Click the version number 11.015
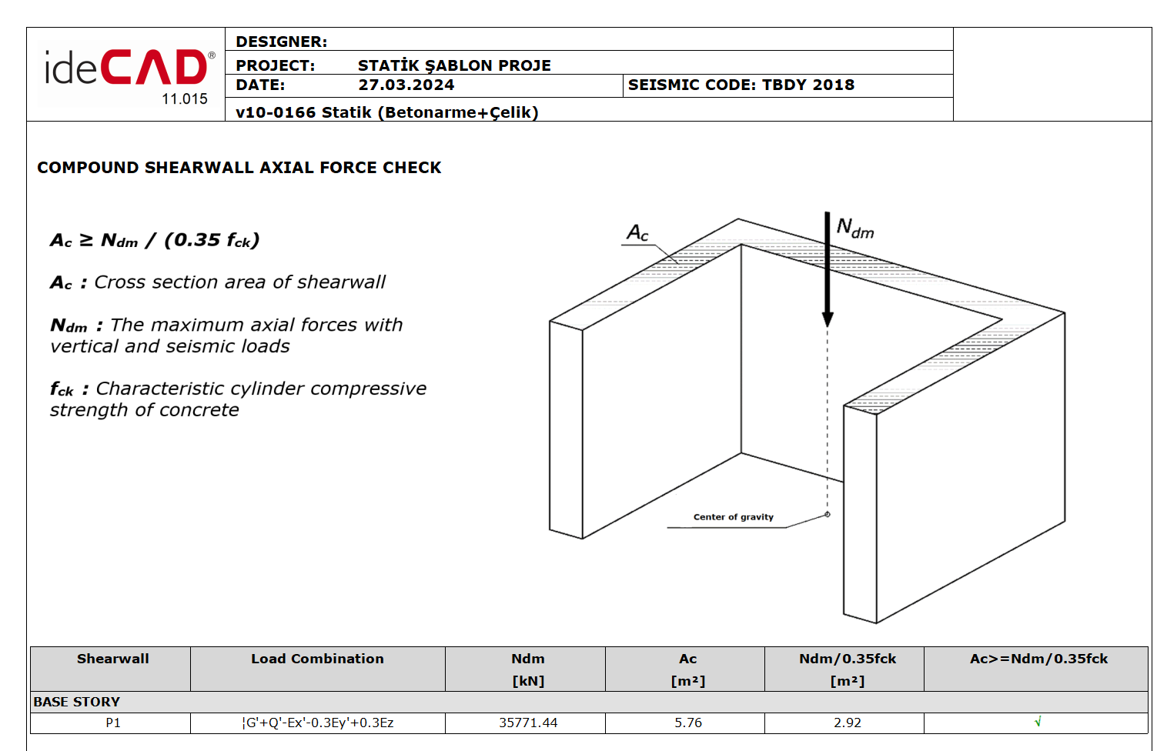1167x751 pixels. (185, 99)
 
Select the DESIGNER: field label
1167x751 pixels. (281, 42)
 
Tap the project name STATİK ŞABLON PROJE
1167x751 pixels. (454, 65)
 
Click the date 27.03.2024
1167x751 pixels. (406, 85)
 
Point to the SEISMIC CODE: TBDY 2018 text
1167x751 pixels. (741, 85)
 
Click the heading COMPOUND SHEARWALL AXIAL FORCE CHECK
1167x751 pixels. (239, 168)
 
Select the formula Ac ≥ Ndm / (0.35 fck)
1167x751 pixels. (155, 240)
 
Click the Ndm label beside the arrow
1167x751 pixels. (855, 229)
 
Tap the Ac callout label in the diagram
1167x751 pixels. (637, 233)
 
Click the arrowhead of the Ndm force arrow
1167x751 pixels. (828, 319)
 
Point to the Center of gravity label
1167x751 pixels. (733, 517)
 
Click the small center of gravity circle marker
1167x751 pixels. (828, 515)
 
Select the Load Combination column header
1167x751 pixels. (317, 659)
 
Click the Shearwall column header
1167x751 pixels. (112, 659)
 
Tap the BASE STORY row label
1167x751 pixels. (76, 702)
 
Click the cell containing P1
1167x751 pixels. (112, 723)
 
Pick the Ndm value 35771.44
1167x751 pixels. (528, 723)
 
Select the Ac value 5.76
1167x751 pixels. (687, 723)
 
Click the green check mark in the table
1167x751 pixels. (1037, 722)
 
